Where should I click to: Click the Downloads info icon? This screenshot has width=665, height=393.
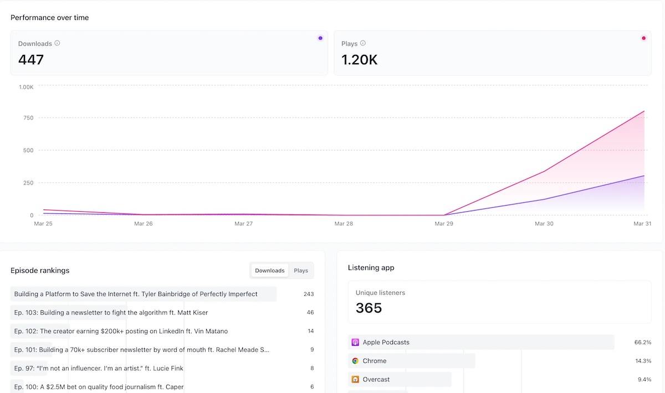coord(57,43)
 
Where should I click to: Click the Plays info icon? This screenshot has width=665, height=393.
coord(363,43)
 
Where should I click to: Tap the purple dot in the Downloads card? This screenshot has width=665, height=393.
coord(320,38)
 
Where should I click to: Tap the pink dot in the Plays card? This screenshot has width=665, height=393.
coord(643,38)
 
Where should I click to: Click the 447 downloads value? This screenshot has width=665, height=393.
coord(31,60)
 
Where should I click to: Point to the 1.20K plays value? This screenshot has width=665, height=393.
coord(360,60)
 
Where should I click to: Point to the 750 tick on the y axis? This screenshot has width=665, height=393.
coord(28,118)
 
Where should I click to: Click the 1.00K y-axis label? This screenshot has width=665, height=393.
coord(27,87)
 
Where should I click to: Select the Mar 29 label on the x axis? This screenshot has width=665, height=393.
coord(444,224)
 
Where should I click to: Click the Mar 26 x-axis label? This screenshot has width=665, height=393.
coord(144,224)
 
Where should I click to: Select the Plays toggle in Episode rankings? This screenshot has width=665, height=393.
coord(301,270)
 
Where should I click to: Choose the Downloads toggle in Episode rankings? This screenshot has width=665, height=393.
coord(269,270)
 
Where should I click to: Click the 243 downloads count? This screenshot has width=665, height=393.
coord(309,294)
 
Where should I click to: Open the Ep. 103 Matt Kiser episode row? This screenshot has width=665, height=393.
coord(111,313)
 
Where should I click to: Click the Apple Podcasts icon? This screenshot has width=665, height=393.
coord(355,343)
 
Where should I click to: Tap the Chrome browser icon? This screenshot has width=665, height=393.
coord(355,361)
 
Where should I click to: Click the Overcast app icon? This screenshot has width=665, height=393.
coord(355,380)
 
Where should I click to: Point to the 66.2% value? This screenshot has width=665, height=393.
coord(643,343)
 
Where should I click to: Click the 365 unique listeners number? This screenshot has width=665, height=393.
coord(369,308)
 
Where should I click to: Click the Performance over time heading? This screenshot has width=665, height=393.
coord(50,18)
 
